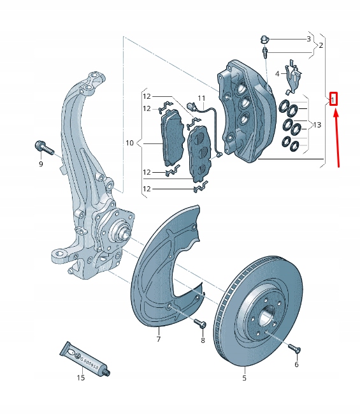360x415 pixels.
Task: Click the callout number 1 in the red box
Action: pyautogui.click(x=333, y=99)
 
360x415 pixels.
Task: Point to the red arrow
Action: pyautogui.click(x=337, y=137)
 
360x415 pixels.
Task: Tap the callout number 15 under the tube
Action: pyautogui.click(x=81, y=378)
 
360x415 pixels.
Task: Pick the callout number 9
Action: pyautogui.click(x=40, y=164)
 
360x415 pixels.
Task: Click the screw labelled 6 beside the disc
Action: pyautogui.click(x=294, y=349)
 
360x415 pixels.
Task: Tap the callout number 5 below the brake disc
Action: pyautogui.click(x=243, y=378)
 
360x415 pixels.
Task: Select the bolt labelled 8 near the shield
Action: pyautogui.click(x=199, y=325)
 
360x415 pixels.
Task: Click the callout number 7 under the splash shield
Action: pyautogui.click(x=159, y=339)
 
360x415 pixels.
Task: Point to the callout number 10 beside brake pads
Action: pyautogui.click(x=130, y=143)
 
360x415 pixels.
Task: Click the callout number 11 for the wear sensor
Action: pyautogui.click(x=201, y=98)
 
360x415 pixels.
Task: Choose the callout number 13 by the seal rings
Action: pyautogui.click(x=318, y=125)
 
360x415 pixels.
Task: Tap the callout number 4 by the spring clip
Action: pyautogui.click(x=277, y=74)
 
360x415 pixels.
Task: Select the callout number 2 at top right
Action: pyautogui.click(x=321, y=46)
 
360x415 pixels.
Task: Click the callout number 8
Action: pyautogui.click(x=203, y=341)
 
